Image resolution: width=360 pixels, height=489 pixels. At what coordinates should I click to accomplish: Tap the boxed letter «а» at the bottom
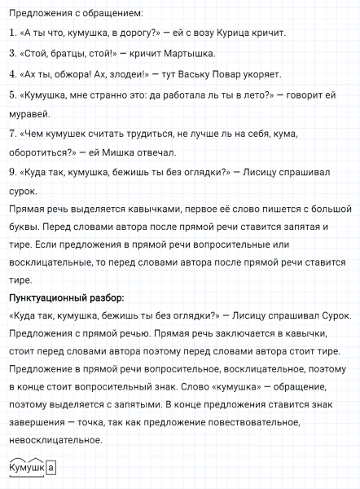[51, 468]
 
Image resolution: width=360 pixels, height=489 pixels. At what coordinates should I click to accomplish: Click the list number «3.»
[11, 55]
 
